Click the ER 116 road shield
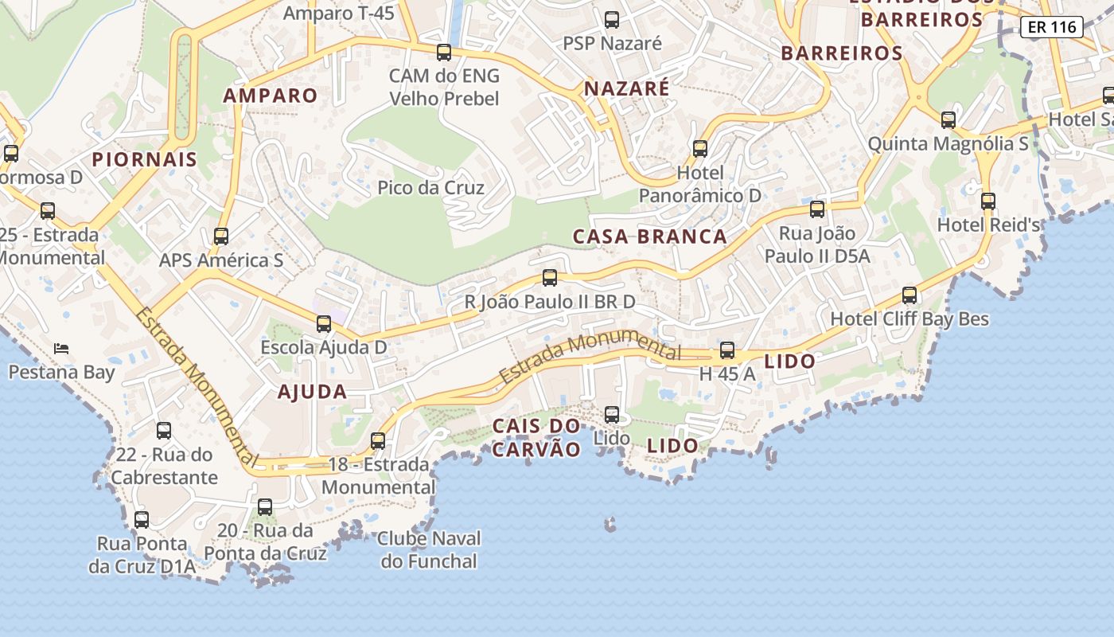pyautogui.click(x=1051, y=27)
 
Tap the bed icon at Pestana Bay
pyautogui.click(x=61, y=348)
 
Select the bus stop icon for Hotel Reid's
pyautogui.click(x=987, y=201)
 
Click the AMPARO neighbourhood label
pyautogui.click(x=270, y=96)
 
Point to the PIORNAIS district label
pyautogui.click(x=144, y=159)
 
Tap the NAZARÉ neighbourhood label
pyautogui.click(x=626, y=88)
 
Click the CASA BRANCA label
pyautogui.click(x=649, y=236)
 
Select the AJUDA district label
pyautogui.click(x=312, y=392)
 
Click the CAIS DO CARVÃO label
pyautogui.click(x=536, y=437)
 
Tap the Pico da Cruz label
pyautogui.click(x=430, y=188)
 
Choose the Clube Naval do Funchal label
pyautogui.click(x=428, y=549)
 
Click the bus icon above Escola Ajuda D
pyautogui.click(x=323, y=324)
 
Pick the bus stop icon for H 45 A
pyautogui.click(x=726, y=350)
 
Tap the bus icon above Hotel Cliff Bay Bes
pyautogui.click(x=909, y=295)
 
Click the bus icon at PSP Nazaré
pyautogui.click(x=611, y=20)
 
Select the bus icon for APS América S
pyautogui.click(x=221, y=236)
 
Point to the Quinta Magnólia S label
pyautogui.click(x=947, y=144)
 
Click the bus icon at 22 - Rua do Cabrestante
pyautogui.click(x=163, y=431)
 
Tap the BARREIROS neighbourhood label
pyautogui.click(x=841, y=53)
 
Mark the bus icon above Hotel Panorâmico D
pyautogui.click(x=699, y=149)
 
